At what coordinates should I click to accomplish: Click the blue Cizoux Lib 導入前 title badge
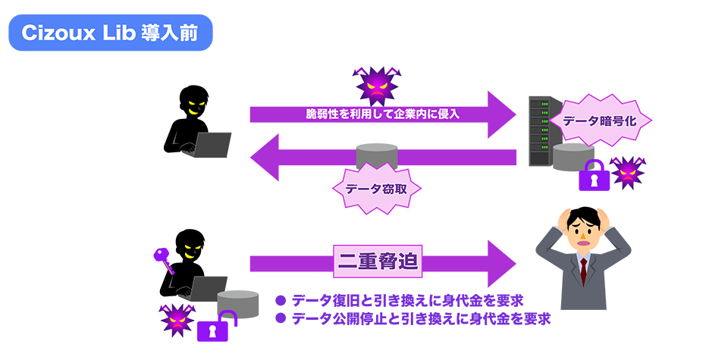111,34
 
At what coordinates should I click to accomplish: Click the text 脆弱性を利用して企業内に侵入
382,114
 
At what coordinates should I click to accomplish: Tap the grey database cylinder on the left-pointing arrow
377,155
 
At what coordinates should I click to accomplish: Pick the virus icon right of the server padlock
627,174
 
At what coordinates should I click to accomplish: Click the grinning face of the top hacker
193,105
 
